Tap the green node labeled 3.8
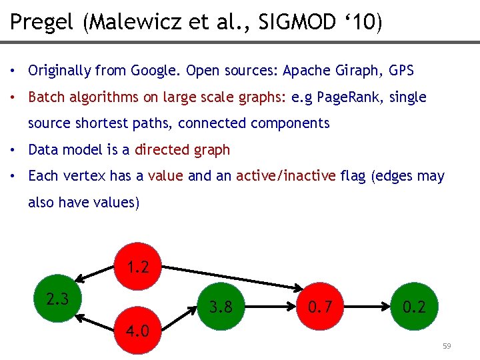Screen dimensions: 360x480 coord(221,306)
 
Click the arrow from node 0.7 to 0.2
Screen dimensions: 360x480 coord(367,306)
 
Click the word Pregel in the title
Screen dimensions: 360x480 coord(41,23)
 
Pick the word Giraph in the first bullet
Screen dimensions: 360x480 coord(356,70)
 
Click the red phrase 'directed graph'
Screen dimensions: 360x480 coord(182,150)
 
